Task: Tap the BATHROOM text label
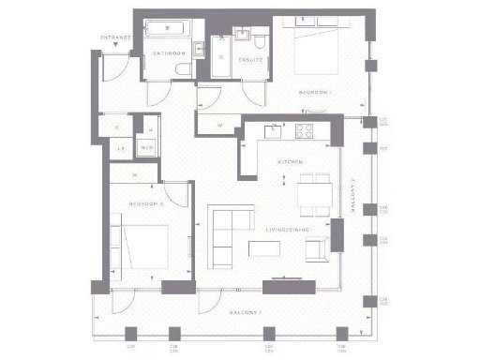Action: click(x=170, y=54)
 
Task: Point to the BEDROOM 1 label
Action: click(x=315, y=92)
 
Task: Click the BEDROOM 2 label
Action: click(x=147, y=203)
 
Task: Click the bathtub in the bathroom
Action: click(x=169, y=30)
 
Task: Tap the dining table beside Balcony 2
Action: click(x=313, y=193)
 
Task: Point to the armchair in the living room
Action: click(x=322, y=248)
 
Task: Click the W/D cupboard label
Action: click(x=146, y=148)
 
